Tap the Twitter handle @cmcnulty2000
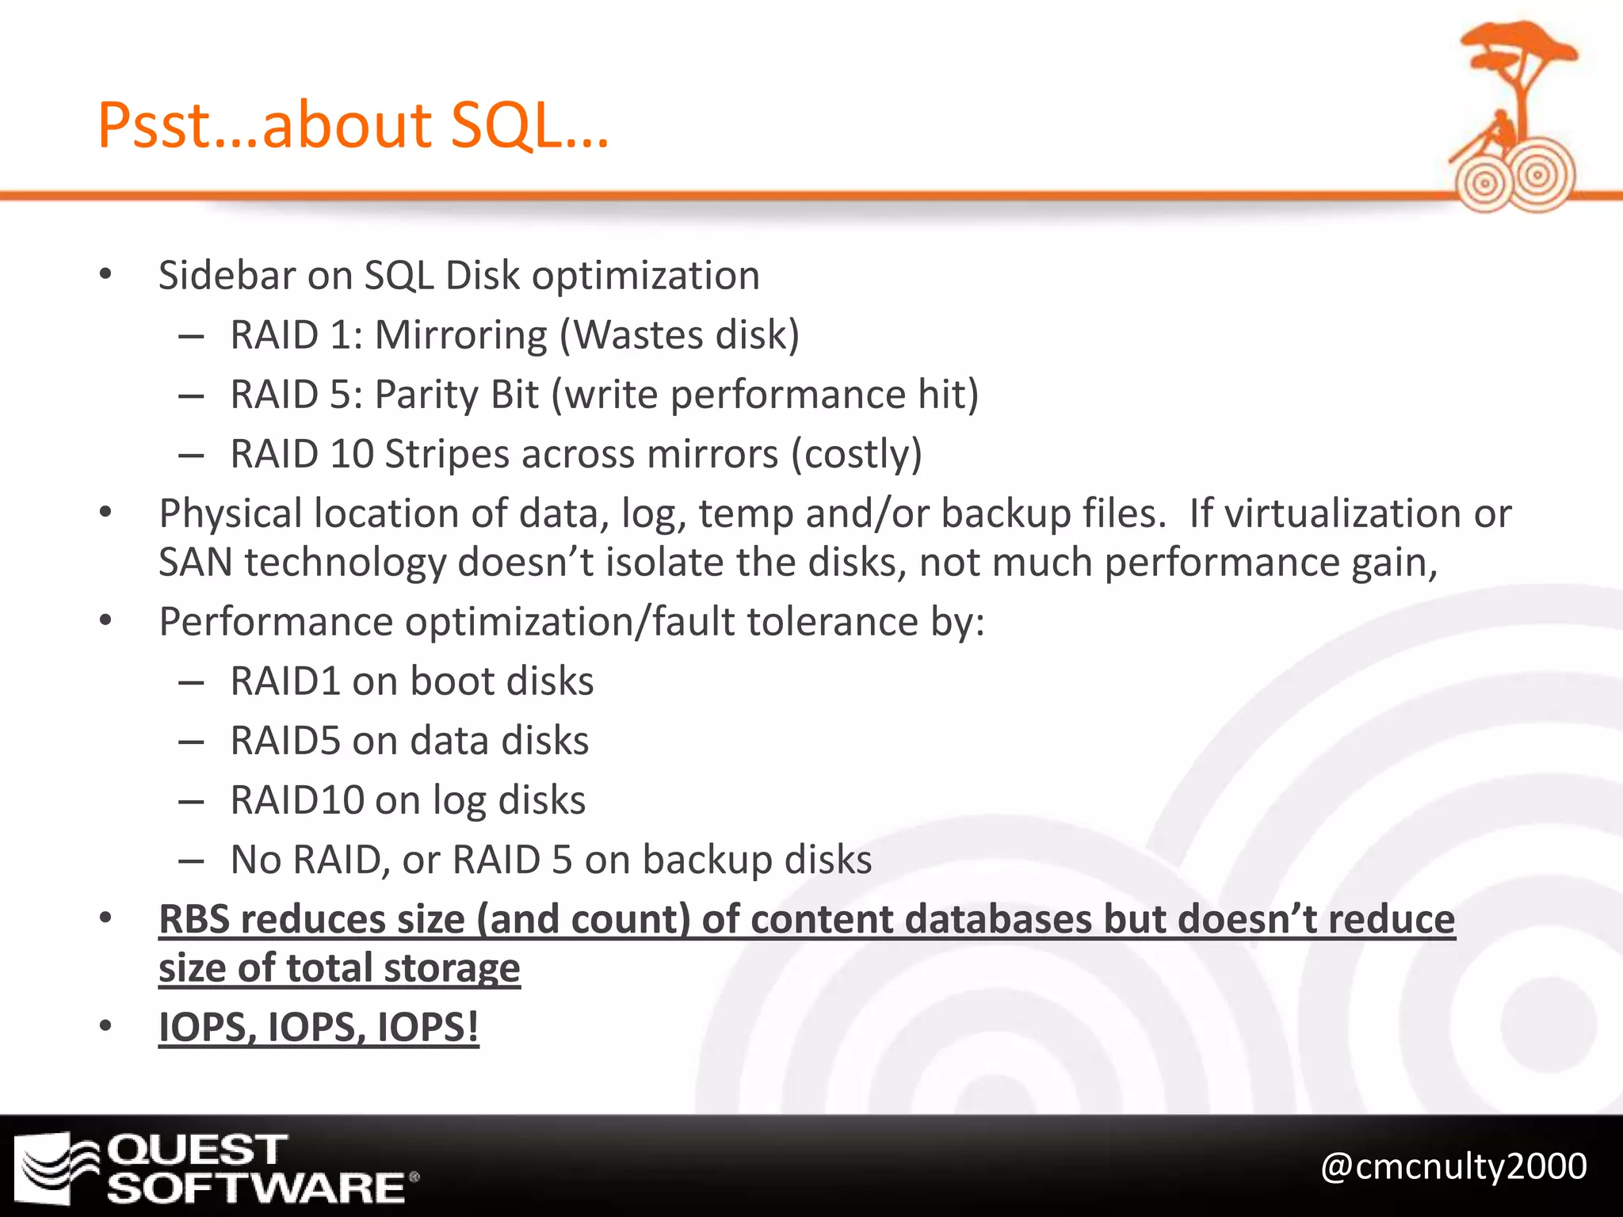point(1453,1167)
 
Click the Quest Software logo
point(216,1168)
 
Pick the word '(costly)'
point(857,455)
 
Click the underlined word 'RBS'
point(194,920)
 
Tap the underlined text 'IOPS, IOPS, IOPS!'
point(319,1028)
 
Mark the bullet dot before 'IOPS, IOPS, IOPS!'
point(106,1027)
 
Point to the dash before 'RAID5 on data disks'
point(192,742)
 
